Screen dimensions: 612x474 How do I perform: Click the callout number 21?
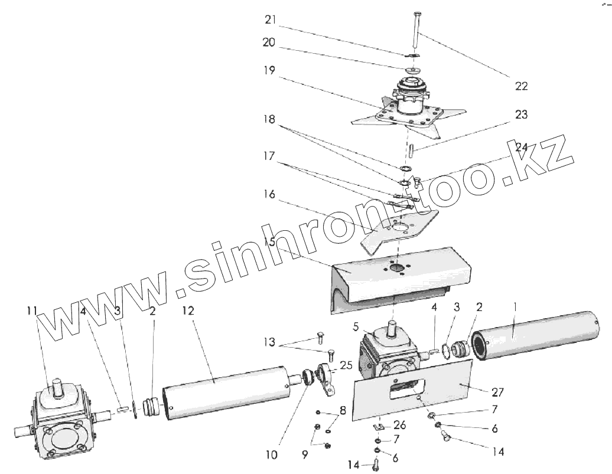click(271, 19)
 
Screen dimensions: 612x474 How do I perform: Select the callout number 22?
click(522, 86)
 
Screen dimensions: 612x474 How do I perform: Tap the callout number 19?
click(269, 70)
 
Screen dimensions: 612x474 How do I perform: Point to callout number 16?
click(269, 194)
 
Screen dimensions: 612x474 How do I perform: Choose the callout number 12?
click(188, 310)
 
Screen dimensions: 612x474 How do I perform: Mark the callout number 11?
click(32, 310)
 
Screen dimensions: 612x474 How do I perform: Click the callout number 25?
click(346, 365)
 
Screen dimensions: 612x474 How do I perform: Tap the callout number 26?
click(400, 425)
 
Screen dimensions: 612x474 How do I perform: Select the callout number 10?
click(272, 455)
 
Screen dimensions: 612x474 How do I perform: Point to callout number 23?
click(522, 115)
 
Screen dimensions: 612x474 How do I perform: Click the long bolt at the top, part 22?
click(414, 32)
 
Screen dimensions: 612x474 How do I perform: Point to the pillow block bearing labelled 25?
click(327, 378)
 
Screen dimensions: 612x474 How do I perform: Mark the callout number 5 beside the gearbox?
click(356, 326)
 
